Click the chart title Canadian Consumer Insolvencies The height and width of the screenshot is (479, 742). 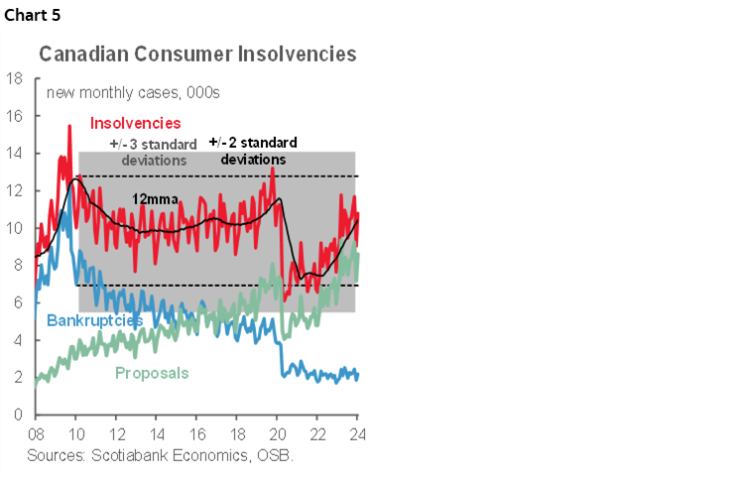click(197, 55)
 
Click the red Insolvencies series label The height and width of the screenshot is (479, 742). click(135, 123)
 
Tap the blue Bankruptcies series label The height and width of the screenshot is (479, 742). click(94, 320)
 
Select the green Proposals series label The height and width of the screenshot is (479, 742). click(152, 374)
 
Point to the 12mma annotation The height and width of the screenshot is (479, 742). click(157, 198)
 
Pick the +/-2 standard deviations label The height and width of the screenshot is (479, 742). click(253, 151)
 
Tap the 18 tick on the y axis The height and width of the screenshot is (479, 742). click(15, 77)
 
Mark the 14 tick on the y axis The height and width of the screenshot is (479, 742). click(15, 153)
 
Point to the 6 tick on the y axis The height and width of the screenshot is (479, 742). click(19, 302)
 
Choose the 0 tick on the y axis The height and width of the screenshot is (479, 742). click(19, 415)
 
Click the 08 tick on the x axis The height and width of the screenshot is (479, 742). click(36, 434)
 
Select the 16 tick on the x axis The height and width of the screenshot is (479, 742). click(196, 434)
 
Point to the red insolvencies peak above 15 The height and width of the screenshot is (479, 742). click(69, 126)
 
